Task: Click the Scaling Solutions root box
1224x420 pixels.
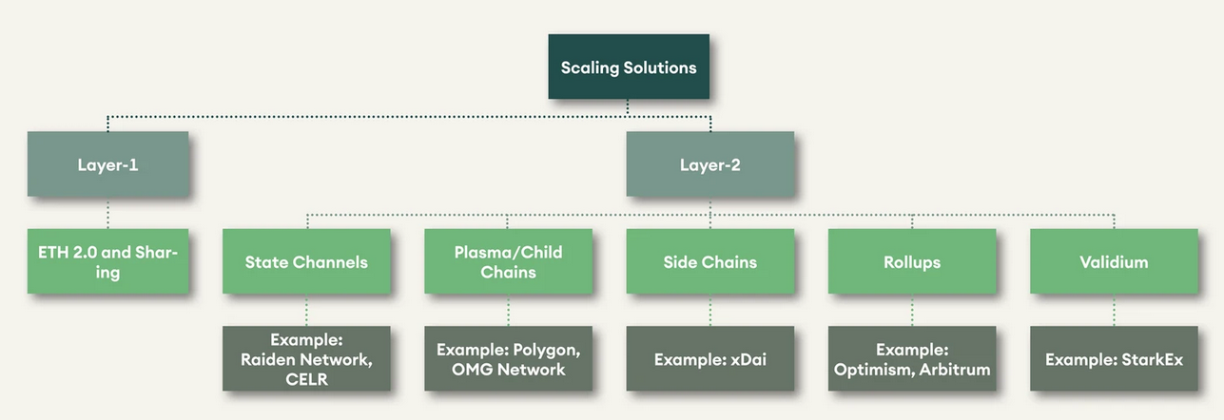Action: coord(629,67)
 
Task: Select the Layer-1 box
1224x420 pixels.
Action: coord(107,164)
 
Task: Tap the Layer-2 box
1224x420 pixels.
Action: coord(709,164)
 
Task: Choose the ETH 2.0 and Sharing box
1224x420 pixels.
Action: coord(107,261)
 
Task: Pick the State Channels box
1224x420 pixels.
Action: coord(306,261)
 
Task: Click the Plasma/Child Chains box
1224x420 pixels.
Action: coord(508,261)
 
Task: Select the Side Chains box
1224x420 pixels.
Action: coord(709,261)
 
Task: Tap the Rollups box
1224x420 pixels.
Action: coord(912,261)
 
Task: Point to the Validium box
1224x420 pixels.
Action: coord(1114,261)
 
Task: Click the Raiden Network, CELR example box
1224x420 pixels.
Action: coord(306,359)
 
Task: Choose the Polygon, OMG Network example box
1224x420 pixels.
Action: coord(508,359)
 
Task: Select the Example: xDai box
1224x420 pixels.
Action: coord(709,359)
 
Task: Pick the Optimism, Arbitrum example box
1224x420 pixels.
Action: coord(912,359)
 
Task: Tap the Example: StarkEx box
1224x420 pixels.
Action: coord(1114,359)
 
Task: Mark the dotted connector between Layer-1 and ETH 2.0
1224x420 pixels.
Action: coord(107,214)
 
